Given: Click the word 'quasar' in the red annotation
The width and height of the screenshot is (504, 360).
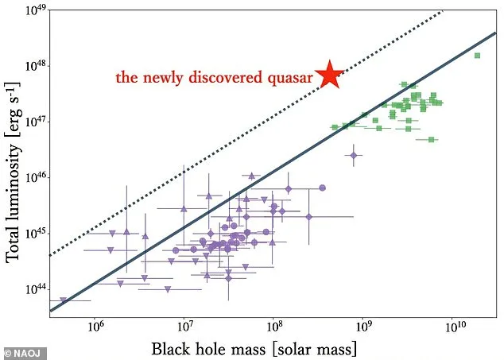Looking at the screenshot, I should (x=290, y=78).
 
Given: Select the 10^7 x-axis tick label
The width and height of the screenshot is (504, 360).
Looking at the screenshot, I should (x=184, y=327).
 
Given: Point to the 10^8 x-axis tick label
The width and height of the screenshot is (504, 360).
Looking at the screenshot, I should (x=274, y=327).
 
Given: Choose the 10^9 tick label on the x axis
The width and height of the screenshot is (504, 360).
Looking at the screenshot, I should (x=364, y=327).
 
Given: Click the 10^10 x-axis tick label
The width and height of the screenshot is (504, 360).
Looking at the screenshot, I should (x=454, y=327).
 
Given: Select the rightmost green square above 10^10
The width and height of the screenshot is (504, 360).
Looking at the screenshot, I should (x=477, y=56).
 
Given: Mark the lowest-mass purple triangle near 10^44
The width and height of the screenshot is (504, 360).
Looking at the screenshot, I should (x=63, y=300).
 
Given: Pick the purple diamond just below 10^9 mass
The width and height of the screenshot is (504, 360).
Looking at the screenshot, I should (x=354, y=156).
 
